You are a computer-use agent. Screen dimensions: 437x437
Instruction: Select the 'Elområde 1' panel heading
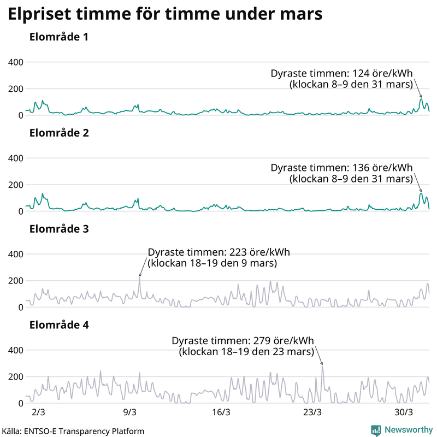click(59, 38)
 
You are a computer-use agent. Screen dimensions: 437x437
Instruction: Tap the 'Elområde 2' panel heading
click(59, 133)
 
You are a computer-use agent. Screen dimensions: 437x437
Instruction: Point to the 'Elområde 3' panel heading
click(59, 229)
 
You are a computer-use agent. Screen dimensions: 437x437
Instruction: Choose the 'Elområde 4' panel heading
click(59, 325)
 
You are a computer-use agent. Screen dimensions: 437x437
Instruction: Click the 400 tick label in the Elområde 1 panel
click(15, 62)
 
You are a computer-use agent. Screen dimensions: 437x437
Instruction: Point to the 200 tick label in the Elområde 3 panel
click(15, 281)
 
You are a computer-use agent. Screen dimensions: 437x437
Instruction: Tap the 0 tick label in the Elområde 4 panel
click(20, 403)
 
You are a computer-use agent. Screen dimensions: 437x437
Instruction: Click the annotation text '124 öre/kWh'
click(384, 74)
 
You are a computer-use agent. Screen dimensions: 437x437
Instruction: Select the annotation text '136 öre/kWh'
click(384, 168)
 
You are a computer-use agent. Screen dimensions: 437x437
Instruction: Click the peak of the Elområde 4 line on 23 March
click(322, 367)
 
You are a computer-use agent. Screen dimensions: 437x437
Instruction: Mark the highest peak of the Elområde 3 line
click(139, 277)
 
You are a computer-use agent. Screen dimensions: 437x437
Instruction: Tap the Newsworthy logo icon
click(376, 430)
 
